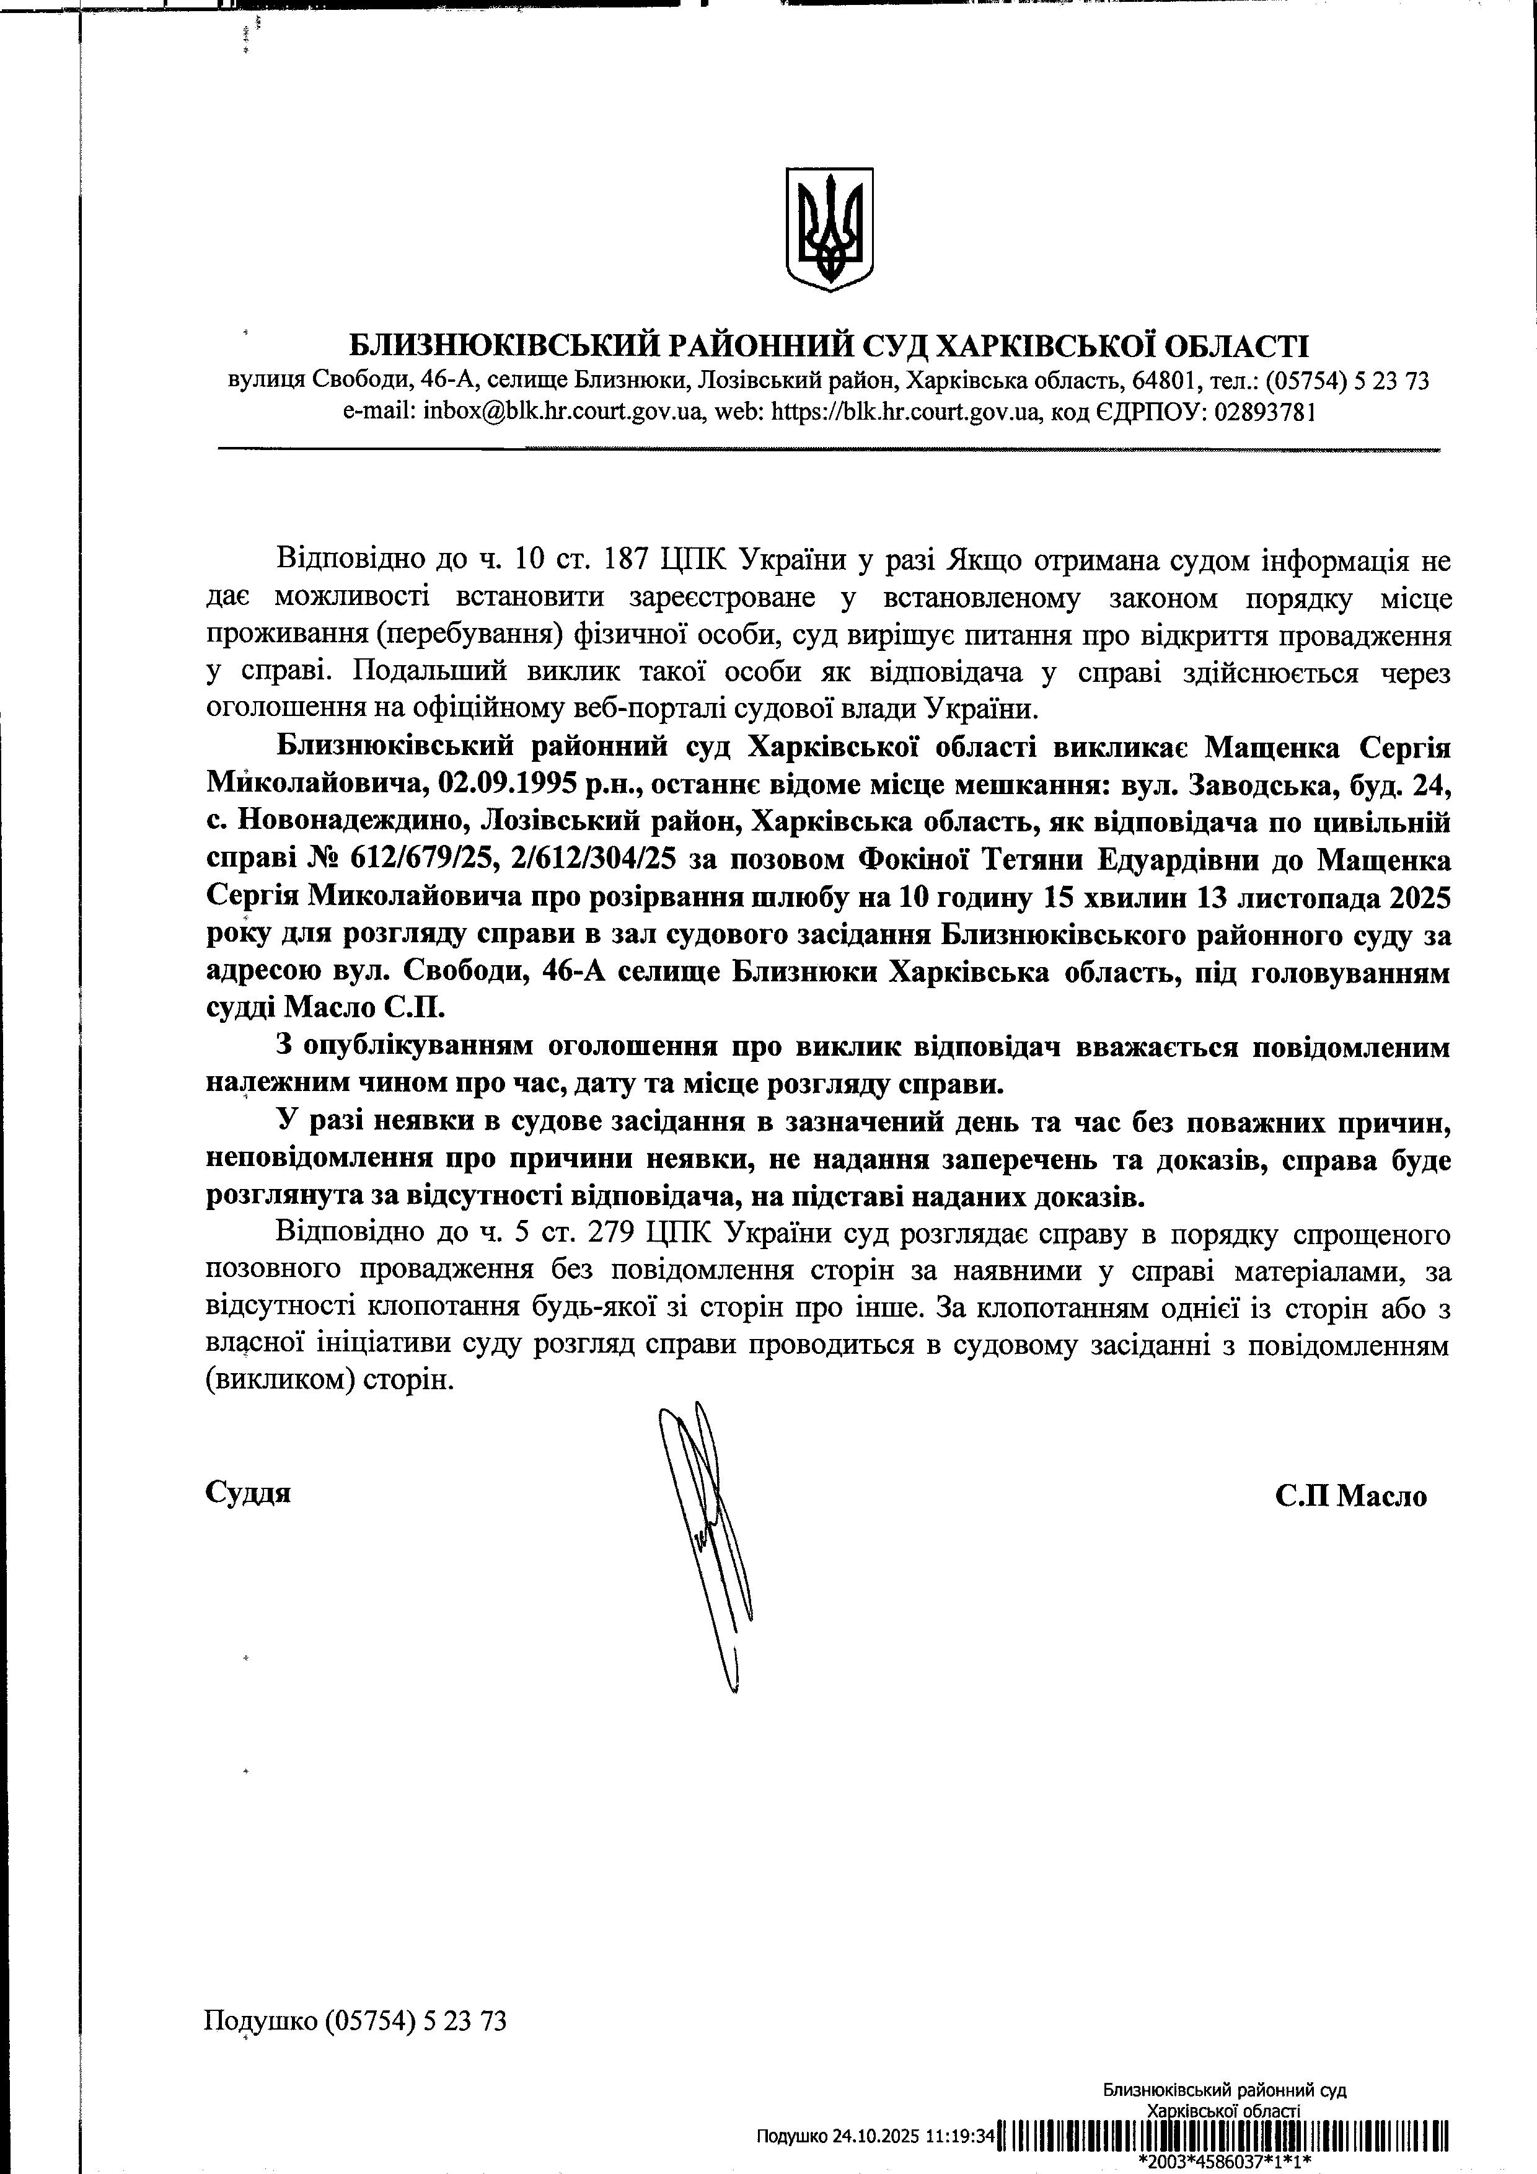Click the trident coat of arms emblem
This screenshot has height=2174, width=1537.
[x=829, y=229]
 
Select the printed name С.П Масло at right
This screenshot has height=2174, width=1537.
[x=1350, y=1496]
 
